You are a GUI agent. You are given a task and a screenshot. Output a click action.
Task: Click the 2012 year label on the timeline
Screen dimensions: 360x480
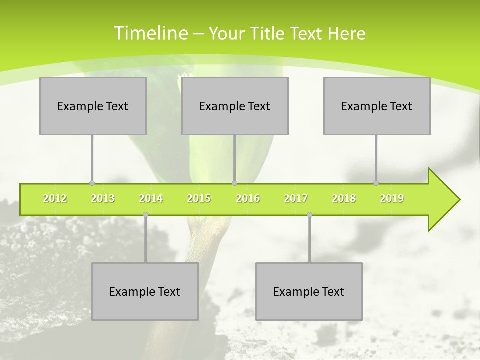point(55,199)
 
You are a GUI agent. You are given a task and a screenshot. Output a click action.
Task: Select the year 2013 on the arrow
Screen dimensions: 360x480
point(103,199)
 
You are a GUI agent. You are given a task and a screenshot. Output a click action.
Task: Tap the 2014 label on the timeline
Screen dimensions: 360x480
point(151,199)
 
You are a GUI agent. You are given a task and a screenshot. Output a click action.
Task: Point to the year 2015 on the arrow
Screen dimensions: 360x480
point(199,199)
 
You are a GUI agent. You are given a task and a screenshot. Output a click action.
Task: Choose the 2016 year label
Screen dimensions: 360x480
point(248,199)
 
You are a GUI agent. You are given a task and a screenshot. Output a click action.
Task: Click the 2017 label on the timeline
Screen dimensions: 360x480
point(296,199)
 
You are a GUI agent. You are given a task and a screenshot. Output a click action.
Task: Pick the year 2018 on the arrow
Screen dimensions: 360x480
point(344,199)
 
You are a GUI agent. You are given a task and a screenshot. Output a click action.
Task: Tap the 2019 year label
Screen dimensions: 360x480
point(392,199)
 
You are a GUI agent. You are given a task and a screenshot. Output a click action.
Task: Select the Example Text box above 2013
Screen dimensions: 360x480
point(93,106)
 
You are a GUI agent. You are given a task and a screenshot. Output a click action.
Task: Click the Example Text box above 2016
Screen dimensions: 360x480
point(235,106)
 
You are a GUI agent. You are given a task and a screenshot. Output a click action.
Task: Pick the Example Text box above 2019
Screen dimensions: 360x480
point(377,106)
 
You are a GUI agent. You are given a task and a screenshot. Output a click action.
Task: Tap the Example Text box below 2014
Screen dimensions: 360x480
point(145,291)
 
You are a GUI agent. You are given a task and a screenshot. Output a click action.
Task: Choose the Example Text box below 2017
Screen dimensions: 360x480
point(309,291)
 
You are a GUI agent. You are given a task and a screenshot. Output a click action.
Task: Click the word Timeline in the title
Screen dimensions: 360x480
point(150,33)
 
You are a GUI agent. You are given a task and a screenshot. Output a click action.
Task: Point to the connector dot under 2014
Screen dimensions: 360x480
point(145,215)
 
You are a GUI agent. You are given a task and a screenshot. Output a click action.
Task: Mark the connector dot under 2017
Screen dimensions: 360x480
point(309,215)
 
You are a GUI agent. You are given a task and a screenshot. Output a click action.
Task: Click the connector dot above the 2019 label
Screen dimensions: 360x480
point(376,183)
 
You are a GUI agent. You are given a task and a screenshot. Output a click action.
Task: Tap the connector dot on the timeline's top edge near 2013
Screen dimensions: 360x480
point(92,183)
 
